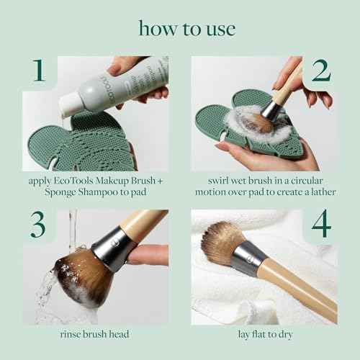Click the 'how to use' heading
point(179,30)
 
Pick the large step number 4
point(320,225)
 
